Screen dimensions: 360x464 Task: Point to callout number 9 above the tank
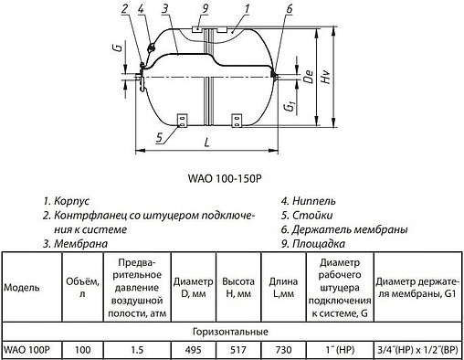click(206, 9)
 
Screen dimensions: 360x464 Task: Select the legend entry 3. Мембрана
click(76, 244)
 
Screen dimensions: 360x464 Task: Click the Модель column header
click(22, 286)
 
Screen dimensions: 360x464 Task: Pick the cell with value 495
click(192, 349)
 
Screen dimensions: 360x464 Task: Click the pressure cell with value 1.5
click(136, 349)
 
